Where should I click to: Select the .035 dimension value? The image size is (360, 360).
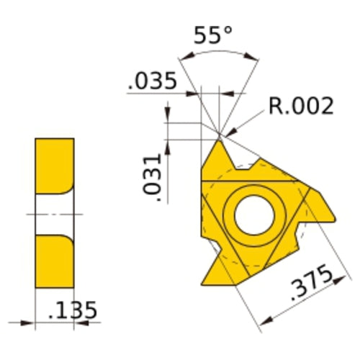coord(152,81)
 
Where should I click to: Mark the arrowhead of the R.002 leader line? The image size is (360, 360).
coord(224,132)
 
